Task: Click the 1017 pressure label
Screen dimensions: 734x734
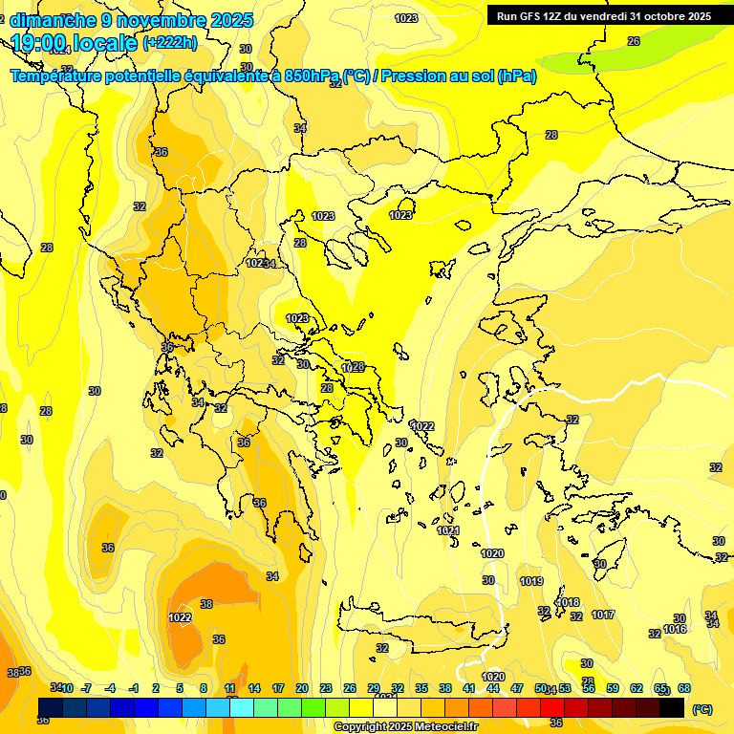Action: point(603,615)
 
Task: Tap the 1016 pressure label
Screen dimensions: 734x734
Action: point(675,629)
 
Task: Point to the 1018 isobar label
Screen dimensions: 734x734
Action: point(569,602)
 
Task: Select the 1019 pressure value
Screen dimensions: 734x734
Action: point(531,581)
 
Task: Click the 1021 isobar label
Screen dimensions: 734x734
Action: point(449,530)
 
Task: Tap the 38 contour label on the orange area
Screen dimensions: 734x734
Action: point(206,604)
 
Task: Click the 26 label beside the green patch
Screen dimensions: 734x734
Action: point(633,41)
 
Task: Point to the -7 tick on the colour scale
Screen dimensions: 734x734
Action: point(86,688)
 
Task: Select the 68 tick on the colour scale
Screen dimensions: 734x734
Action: point(684,688)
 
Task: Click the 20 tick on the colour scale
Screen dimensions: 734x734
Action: point(302,688)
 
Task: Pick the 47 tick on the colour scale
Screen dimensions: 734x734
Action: point(517,688)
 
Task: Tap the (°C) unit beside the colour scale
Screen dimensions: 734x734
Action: point(702,709)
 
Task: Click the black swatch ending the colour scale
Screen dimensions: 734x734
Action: point(672,707)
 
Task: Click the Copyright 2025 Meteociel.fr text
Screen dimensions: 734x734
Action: point(406,727)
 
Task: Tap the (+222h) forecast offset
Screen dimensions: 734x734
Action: point(170,42)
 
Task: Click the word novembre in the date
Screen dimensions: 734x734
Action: point(154,19)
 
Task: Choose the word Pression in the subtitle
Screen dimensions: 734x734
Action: point(415,76)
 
